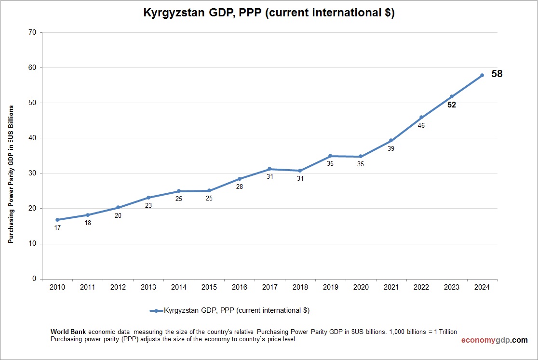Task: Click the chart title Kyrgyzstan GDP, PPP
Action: click(269, 13)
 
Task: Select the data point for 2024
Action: click(482, 75)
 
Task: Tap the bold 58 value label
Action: click(497, 74)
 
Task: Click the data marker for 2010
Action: click(57, 220)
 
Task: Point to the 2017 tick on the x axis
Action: click(269, 287)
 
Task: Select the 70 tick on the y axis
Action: click(32, 32)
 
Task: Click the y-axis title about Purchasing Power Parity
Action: click(11, 174)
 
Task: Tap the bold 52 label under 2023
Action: click(452, 105)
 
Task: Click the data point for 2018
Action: click(300, 171)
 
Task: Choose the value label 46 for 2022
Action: click(421, 125)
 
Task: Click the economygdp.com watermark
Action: click(494, 340)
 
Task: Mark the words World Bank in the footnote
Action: click(68, 332)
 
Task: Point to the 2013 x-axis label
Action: click(148, 287)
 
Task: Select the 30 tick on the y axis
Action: click(32, 173)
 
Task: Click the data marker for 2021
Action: click(391, 140)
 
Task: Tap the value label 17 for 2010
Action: click(57, 227)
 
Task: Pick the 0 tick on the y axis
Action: click(34, 279)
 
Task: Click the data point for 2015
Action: click(209, 190)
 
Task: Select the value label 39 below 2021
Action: click(391, 148)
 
